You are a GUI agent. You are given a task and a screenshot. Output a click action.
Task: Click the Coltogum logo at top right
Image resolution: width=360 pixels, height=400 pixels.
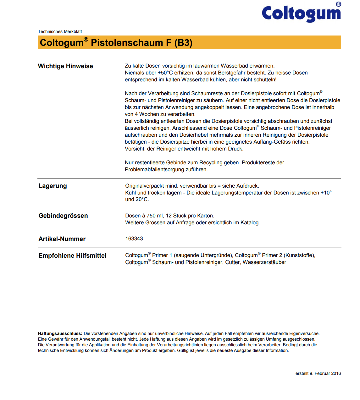(301, 13)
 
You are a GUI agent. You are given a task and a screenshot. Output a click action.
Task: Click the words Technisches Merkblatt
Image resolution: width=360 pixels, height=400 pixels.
(60, 31)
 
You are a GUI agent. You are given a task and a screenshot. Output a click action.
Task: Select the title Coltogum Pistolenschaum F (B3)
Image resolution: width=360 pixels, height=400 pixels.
(116, 43)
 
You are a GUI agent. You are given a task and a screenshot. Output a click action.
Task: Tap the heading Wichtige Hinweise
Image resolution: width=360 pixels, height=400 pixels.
(65, 66)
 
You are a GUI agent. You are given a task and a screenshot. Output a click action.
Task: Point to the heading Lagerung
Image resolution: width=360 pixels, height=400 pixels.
(53, 186)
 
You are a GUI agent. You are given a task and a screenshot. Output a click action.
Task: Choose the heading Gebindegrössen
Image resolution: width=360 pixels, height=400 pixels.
(63, 216)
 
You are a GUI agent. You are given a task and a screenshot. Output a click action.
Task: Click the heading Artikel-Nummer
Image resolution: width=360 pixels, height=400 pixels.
(62, 239)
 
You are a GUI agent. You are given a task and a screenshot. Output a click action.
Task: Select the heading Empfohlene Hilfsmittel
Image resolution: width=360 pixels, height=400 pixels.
(72, 255)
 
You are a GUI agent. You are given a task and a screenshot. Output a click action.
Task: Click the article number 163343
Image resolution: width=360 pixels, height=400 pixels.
(134, 238)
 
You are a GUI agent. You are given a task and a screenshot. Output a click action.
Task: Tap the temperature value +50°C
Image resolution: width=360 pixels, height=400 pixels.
(165, 73)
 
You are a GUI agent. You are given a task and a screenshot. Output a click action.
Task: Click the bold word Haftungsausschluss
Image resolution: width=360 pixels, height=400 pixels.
(60, 333)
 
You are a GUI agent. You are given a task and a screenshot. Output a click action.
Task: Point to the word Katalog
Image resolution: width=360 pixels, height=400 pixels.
(250, 222)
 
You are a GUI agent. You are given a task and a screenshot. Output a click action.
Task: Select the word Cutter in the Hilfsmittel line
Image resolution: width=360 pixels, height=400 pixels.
(232, 262)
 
